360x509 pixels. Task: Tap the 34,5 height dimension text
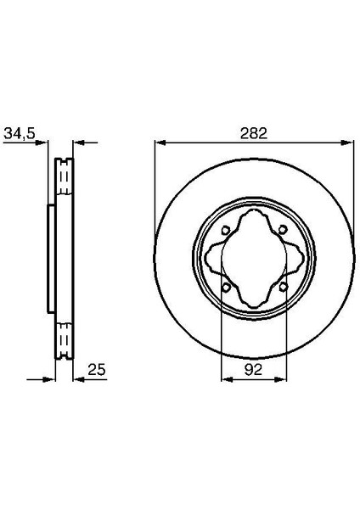point(20,132)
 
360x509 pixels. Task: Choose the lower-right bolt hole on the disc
point(282,286)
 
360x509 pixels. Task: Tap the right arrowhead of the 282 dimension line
point(350,142)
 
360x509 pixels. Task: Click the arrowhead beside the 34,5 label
point(43,142)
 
